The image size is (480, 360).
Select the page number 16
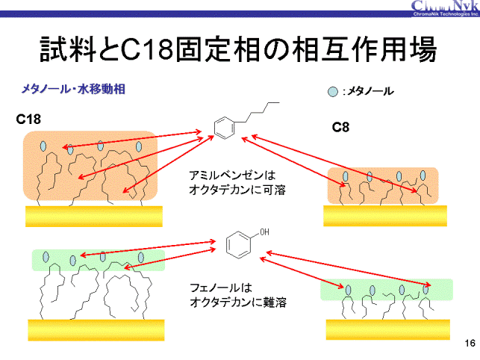pos(470,343)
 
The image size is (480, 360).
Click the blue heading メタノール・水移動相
pos(72,89)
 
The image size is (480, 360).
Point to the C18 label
pos(29,119)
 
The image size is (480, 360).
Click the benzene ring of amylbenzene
pos(222,128)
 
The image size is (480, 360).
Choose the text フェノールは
pos(222,288)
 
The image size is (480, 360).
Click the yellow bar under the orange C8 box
pos(385,215)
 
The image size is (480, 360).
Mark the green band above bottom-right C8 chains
pos(386,289)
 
